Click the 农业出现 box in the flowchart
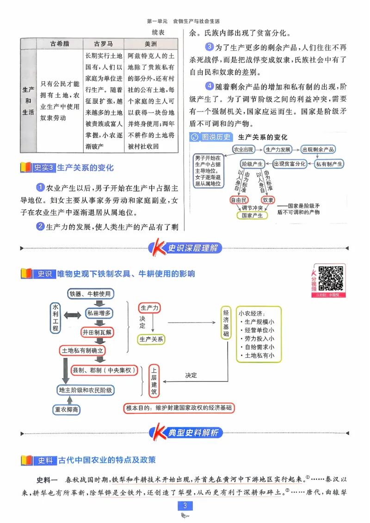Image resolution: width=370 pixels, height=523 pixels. click(243, 149)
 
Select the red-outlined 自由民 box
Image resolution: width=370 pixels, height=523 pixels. click(239, 200)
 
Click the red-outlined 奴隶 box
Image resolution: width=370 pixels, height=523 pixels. click(268, 200)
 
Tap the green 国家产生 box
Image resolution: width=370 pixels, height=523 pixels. click(253, 215)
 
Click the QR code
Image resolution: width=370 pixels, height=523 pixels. click(331, 278)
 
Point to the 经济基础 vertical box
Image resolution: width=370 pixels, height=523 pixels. click(226, 323)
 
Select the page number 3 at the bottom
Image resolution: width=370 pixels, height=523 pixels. click(185, 505)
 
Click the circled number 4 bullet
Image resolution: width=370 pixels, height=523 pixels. click(210, 86)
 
